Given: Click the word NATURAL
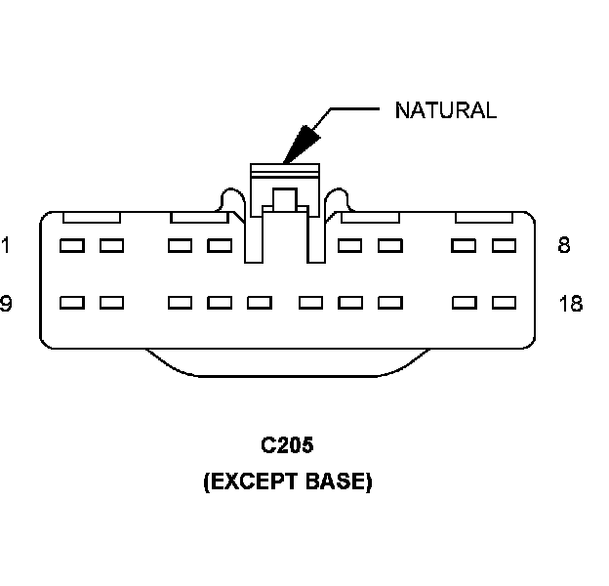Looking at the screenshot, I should click(x=445, y=109).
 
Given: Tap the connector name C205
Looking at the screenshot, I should click(x=287, y=446).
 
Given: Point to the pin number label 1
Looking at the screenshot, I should click(x=6, y=245).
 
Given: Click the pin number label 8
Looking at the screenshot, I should click(x=564, y=245).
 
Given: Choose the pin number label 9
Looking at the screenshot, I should click(x=6, y=304).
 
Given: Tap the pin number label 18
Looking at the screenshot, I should click(x=571, y=304).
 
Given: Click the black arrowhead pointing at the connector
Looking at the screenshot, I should click(x=301, y=143).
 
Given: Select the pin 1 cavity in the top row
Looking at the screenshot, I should click(x=70, y=245).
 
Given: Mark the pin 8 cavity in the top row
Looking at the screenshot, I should click(x=504, y=245).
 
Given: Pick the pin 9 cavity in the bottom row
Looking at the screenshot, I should click(x=70, y=303).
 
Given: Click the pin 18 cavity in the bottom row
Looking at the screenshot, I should click(x=504, y=303).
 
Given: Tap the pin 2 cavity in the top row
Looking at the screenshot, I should click(x=111, y=245).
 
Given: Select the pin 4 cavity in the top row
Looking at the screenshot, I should click(x=220, y=245).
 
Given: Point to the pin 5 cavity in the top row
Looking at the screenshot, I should click(x=349, y=245).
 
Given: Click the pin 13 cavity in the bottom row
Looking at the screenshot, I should click(x=259, y=303).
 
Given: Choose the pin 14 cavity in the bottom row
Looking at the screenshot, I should click(x=310, y=303).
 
